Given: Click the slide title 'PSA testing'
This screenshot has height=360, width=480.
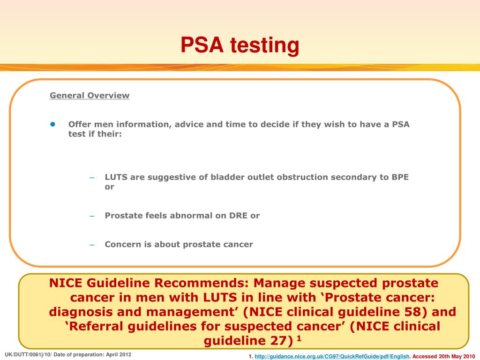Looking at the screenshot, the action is point(240,45).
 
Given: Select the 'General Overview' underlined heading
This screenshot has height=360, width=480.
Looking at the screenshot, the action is point(90,96).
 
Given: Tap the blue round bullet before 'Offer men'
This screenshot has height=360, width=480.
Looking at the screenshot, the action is point(53,124).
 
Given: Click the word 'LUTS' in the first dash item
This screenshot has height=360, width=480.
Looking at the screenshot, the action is point(116,177).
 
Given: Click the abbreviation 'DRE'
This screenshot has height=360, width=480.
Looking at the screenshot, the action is point(239,216).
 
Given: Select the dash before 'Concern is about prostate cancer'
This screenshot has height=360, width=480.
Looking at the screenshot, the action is point(92,245).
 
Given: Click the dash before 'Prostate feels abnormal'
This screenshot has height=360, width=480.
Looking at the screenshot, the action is point(92,216).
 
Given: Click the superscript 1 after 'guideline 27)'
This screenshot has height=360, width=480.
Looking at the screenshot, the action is point(299,337).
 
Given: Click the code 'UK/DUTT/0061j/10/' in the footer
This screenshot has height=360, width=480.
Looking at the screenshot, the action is point(27,354).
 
